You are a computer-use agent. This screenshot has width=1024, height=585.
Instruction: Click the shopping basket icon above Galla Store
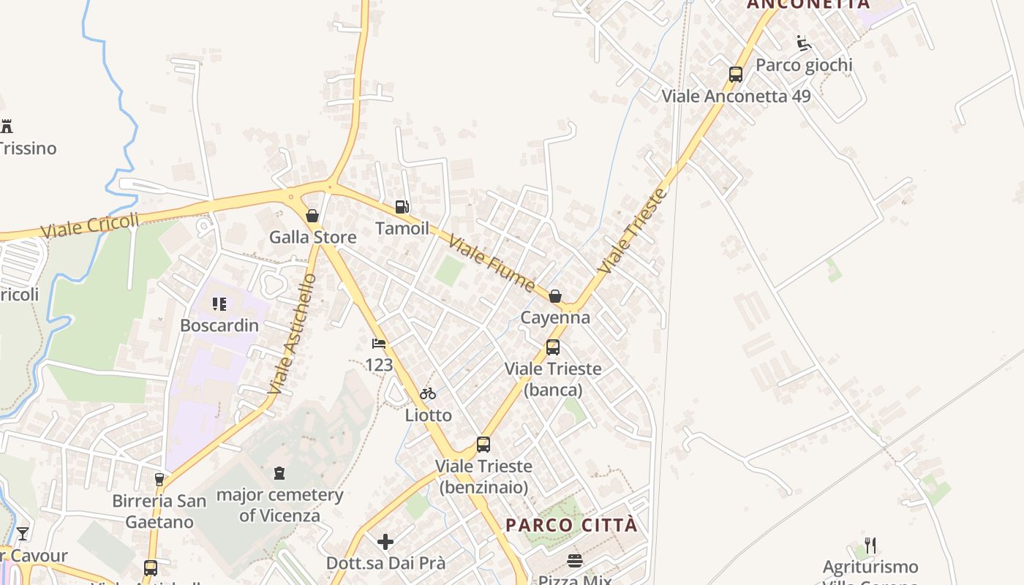point(312,216)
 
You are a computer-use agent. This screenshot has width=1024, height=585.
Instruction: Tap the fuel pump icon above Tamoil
point(402,207)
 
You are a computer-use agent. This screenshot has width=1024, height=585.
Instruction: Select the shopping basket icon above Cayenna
point(555,296)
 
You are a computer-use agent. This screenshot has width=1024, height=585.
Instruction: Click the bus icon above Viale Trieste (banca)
point(553,347)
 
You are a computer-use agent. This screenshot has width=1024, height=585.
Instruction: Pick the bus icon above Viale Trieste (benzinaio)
point(483,445)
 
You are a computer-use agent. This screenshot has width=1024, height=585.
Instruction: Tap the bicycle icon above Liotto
point(428,394)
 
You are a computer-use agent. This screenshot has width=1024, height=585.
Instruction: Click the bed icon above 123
point(378,343)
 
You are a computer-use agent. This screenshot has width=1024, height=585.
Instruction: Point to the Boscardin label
point(219,325)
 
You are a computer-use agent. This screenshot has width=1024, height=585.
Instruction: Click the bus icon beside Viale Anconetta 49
point(735,75)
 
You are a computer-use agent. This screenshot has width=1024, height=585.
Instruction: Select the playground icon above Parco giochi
point(804,43)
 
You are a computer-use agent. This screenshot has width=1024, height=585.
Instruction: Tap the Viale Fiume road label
point(492,263)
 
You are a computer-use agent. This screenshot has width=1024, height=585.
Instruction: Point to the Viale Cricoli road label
point(89,225)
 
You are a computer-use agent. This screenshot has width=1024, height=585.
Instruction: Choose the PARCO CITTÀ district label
point(571,525)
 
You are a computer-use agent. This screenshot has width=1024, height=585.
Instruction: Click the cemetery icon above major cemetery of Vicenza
point(279,474)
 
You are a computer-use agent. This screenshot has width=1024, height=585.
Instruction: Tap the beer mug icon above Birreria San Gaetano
point(159,480)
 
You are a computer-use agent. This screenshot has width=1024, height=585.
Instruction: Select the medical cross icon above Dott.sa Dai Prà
point(385,542)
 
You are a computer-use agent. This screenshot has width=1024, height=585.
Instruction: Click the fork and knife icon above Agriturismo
point(870,546)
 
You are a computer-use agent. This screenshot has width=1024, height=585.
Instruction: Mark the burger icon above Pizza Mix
point(575,561)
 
